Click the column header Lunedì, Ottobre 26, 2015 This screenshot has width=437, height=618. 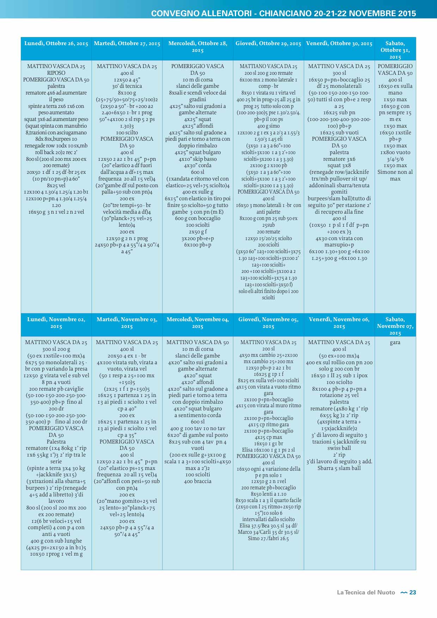click(x=56, y=43)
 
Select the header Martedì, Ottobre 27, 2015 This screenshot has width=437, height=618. click(x=127, y=43)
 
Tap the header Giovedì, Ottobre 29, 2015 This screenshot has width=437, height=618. click(x=268, y=43)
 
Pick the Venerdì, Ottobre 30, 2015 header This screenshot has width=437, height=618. click(x=339, y=43)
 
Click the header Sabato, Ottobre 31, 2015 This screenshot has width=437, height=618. click(x=395, y=50)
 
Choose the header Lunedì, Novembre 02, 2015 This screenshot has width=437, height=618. click(x=56, y=323)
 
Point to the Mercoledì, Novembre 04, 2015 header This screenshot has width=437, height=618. click(x=197, y=323)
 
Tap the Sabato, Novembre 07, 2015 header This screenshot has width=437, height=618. click(x=395, y=326)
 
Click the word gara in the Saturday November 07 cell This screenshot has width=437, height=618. click(x=395, y=342)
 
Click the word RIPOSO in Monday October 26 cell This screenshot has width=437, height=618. click(x=56, y=73)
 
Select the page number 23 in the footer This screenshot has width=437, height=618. click(x=413, y=592)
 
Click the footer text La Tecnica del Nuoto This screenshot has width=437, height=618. click(x=366, y=592)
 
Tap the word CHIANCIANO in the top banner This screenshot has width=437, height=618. click(x=286, y=13)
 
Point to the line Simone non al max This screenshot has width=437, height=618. click(x=395, y=175)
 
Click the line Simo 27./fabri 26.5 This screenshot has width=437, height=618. click(x=268, y=538)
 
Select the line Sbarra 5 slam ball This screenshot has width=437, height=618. click(x=339, y=468)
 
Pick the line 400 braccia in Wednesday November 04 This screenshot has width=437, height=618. click(x=197, y=481)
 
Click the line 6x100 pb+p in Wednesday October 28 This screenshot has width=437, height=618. click(x=197, y=245)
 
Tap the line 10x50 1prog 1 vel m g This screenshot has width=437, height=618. click(x=56, y=554)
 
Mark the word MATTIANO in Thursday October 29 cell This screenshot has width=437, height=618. click(x=251, y=66)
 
